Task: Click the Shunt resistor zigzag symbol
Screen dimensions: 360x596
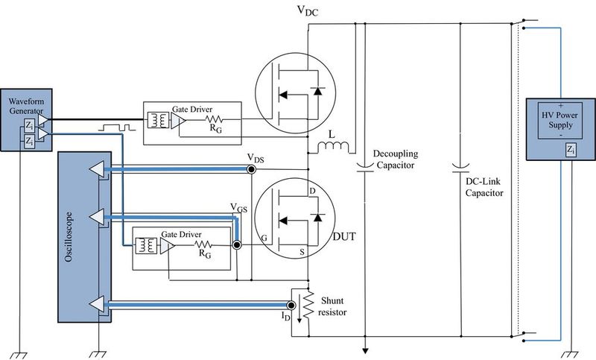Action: [307, 305]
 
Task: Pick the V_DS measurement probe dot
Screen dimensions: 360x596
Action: [252, 170]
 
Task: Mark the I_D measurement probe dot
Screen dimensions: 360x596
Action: [291, 305]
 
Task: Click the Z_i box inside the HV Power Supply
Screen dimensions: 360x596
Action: [570, 151]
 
